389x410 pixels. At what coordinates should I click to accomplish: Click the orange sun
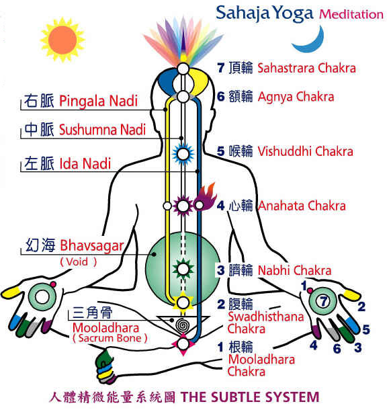(x=62, y=40)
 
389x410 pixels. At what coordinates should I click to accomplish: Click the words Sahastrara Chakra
(x=306, y=69)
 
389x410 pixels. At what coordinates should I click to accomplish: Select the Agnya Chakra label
(x=296, y=97)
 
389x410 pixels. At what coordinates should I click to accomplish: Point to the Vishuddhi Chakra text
(x=305, y=151)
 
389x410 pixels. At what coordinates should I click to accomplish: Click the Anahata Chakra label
(x=302, y=206)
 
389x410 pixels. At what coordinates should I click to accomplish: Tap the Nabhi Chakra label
(x=295, y=270)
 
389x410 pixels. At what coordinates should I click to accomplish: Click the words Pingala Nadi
(x=98, y=101)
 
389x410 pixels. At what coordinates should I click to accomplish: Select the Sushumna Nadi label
(x=102, y=130)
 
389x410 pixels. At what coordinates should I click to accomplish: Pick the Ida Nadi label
(x=85, y=164)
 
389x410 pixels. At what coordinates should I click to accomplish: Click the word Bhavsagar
(x=92, y=246)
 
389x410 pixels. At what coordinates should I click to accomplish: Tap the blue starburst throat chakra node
(x=183, y=154)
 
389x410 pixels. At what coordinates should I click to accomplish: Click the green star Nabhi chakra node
(x=183, y=269)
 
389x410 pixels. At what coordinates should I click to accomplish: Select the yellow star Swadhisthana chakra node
(x=183, y=302)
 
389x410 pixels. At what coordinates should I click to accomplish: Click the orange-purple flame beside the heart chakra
(x=206, y=197)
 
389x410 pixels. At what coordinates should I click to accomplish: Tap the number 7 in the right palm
(x=324, y=301)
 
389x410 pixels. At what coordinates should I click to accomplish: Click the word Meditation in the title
(x=351, y=14)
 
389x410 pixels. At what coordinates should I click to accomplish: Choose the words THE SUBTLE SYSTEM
(x=250, y=397)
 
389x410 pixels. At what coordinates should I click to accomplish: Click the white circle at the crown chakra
(x=183, y=69)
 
